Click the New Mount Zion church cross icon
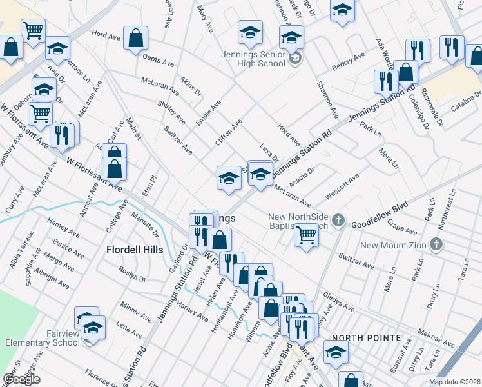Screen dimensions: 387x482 pyautogui.click(x=437, y=244)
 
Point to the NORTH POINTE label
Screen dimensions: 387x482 pyautogui.click(x=362, y=338)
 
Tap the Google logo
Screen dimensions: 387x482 pyautogui.click(x=22, y=379)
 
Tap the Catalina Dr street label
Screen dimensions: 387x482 pyautogui.click(x=466, y=108)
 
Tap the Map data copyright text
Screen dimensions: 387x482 pyautogui.click(x=454, y=382)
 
